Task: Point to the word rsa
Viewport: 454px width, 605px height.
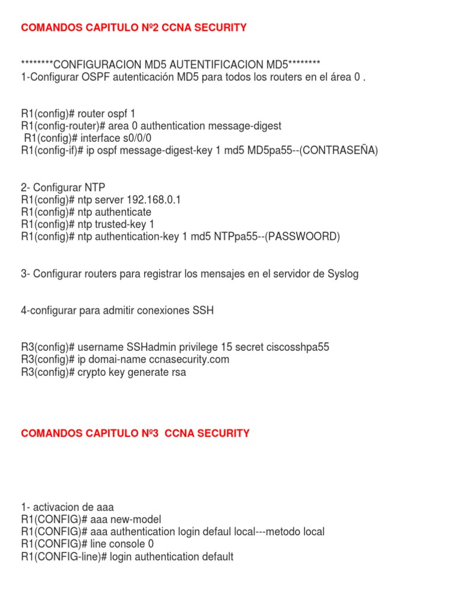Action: tap(178, 372)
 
